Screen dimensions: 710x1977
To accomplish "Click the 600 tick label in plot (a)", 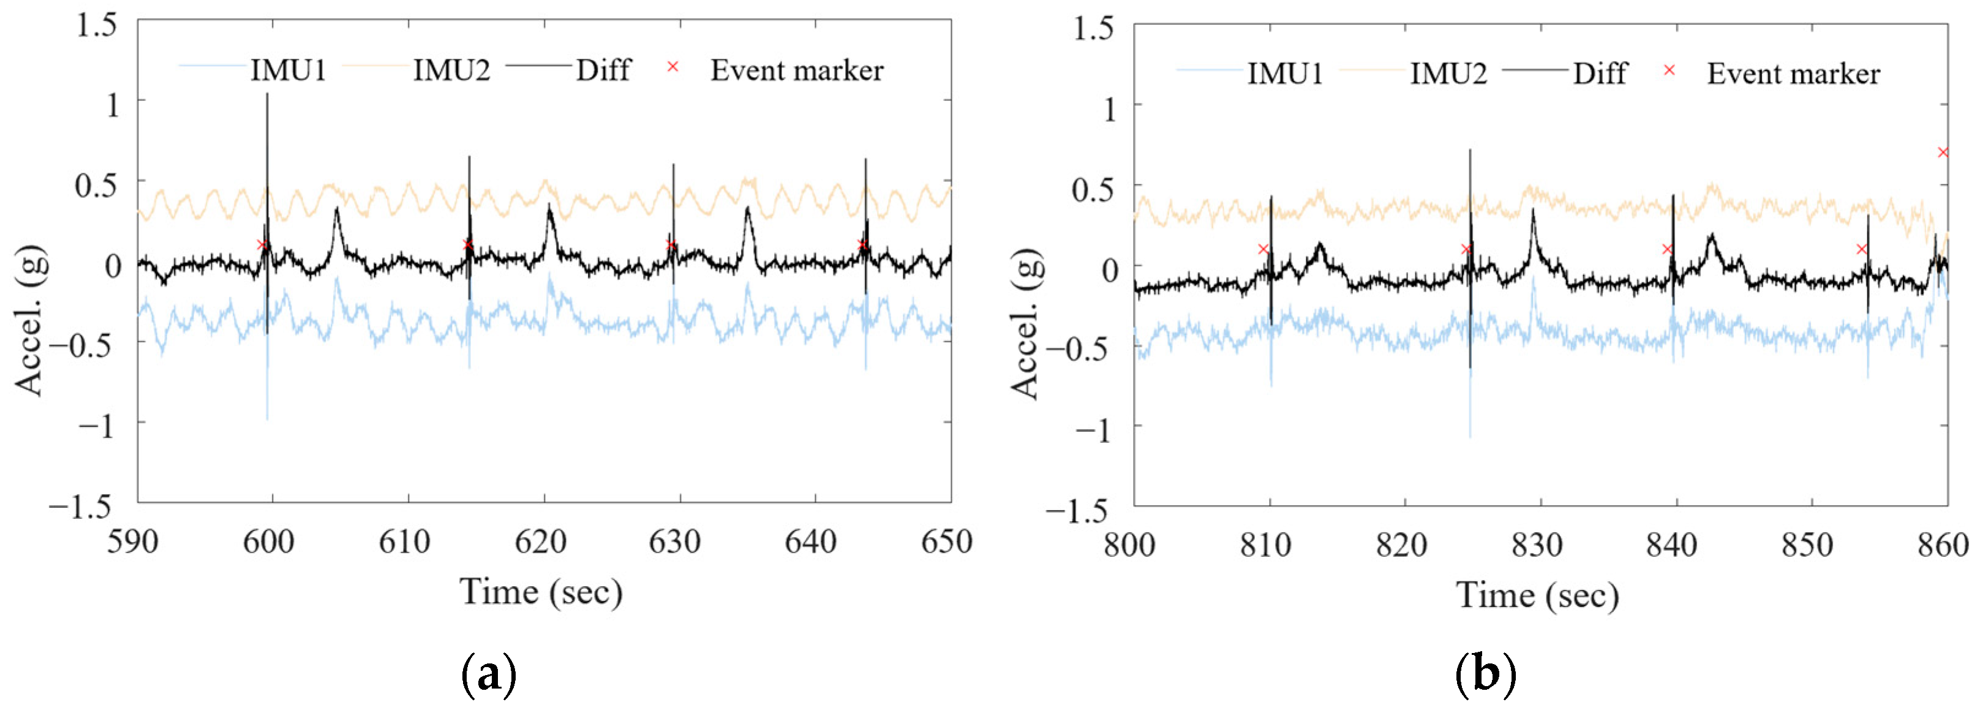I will click(269, 542).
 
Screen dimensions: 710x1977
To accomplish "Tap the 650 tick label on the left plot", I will click(946, 542).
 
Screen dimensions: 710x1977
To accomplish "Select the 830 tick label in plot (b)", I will click(1537, 545).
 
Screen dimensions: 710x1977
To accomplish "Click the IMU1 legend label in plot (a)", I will click(288, 70).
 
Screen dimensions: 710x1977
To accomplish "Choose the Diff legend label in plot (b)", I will click(1600, 73).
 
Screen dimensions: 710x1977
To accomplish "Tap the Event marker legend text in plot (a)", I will click(797, 70).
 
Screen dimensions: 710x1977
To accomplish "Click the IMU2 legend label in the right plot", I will click(1448, 73).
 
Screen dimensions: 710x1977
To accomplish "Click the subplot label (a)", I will click(489, 674).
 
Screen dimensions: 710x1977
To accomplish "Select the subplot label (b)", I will click(1485, 674).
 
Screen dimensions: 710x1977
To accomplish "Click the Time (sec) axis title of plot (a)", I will click(541, 592).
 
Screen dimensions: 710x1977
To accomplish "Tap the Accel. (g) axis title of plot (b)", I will click(1025, 324).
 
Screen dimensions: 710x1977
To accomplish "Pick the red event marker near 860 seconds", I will click(1943, 153).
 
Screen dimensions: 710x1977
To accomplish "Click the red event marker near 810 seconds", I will click(1263, 249).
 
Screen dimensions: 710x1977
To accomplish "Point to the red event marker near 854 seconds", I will click(1861, 249).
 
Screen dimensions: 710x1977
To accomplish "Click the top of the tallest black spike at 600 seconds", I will click(267, 95).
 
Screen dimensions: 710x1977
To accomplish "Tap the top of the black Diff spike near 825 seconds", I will click(1471, 151).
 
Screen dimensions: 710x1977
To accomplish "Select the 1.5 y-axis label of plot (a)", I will click(97, 25).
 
